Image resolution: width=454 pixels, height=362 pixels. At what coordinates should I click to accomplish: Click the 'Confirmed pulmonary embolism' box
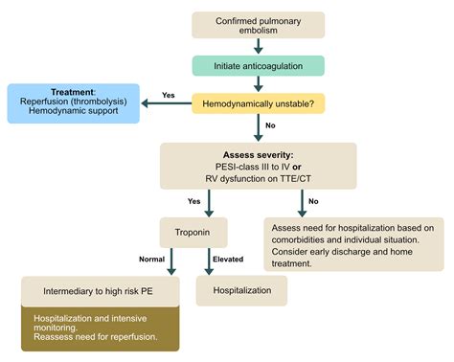[258, 25]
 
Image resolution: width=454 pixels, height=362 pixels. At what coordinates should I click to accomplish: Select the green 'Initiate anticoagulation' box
[258, 65]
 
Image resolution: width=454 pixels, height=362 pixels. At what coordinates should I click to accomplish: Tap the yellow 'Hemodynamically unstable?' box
[258, 99]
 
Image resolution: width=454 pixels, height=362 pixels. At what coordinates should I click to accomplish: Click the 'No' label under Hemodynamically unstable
[272, 125]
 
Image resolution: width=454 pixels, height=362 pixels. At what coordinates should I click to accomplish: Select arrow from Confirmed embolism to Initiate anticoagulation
[258, 45]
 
